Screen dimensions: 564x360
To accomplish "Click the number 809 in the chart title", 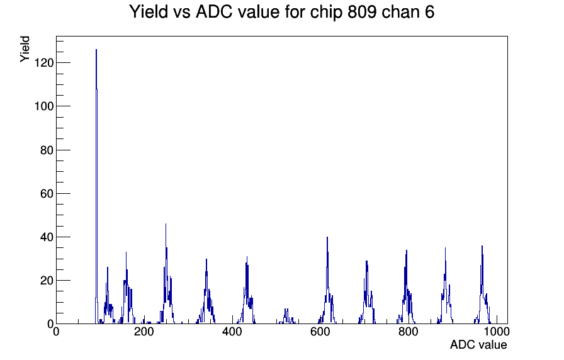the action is pyautogui.click(x=362, y=12).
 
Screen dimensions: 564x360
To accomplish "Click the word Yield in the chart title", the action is pyautogui.click(x=149, y=12).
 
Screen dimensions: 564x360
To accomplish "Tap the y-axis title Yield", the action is pyautogui.click(x=25, y=49).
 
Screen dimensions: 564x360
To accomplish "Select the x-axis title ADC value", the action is pyautogui.click(x=478, y=344).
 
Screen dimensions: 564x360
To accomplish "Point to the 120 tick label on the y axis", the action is pyautogui.click(x=44, y=63).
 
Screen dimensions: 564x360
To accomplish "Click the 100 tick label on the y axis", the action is pyautogui.click(x=44, y=106).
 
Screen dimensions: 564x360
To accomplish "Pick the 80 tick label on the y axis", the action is pyautogui.click(x=47, y=150).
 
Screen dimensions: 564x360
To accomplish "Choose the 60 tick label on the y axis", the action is pyautogui.click(x=47, y=193).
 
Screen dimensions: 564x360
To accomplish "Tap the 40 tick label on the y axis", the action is pyautogui.click(x=47, y=237).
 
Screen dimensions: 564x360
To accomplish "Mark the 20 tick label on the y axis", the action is pyautogui.click(x=47, y=281).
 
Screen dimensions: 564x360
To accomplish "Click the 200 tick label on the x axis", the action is pyautogui.click(x=144, y=331).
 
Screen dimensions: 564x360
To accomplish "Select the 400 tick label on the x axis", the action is pyautogui.click(x=232, y=331).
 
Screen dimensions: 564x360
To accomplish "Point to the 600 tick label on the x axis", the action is pyautogui.click(x=320, y=331).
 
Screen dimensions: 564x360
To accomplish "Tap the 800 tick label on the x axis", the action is pyautogui.click(x=409, y=331).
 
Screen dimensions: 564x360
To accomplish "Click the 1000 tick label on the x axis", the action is pyautogui.click(x=497, y=331).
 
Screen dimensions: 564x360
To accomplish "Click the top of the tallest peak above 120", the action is pyautogui.click(x=96, y=50).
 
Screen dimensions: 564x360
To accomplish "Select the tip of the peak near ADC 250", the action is pyautogui.click(x=166, y=223).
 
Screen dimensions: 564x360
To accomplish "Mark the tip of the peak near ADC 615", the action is pyautogui.click(x=327, y=237).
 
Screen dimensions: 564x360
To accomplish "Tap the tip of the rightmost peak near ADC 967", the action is pyautogui.click(x=482, y=245).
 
